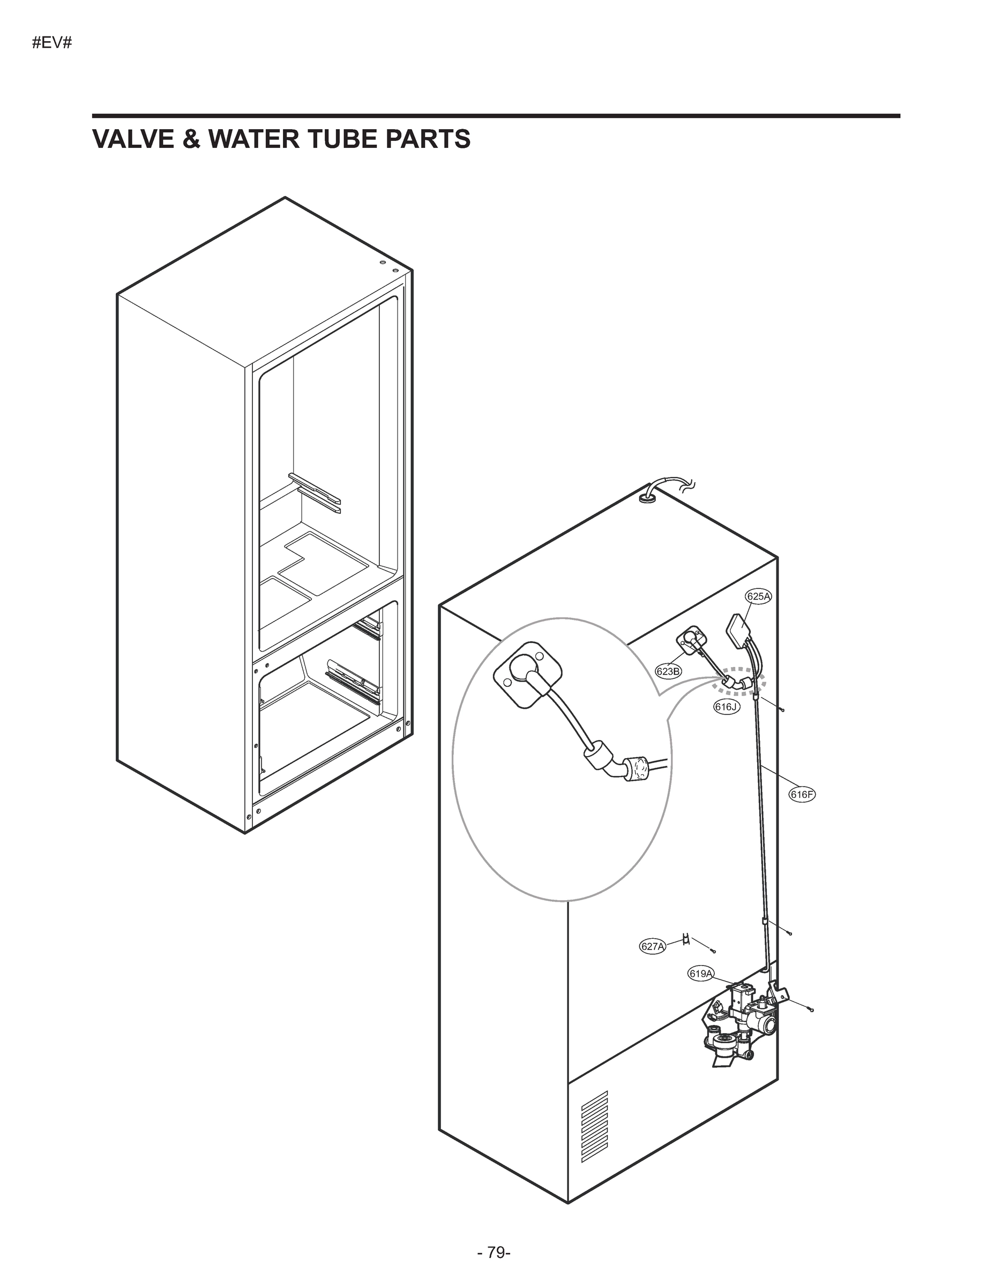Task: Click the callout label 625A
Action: (x=758, y=596)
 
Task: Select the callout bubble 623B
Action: (x=668, y=671)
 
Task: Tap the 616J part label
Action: (x=727, y=707)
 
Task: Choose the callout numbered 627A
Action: (x=653, y=946)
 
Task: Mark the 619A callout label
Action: (x=701, y=974)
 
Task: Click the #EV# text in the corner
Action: (x=52, y=43)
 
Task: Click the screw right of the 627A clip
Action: (x=713, y=951)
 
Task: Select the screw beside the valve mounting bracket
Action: (x=811, y=1010)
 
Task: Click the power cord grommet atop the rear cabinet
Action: (x=648, y=498)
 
